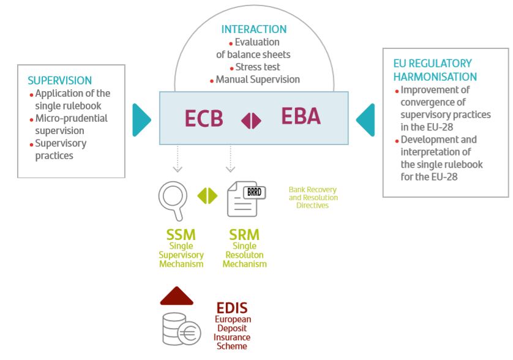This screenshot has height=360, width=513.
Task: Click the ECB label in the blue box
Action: click(x=204, y=119)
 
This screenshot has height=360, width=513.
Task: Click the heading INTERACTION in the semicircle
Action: click(x=254, y=29)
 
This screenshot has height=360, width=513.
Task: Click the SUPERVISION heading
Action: click(x=60, y=80)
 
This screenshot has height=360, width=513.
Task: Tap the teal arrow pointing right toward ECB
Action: click(x=141, y=119)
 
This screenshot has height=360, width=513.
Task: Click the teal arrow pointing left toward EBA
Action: click(x=365, y=119)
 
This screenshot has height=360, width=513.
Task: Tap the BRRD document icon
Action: click(x=244, y=198)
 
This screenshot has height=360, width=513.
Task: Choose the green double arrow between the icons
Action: click(x=207, y=196)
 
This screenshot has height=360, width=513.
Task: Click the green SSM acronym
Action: click(x=181, y=235)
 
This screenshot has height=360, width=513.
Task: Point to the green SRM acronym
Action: click(x=244, y=235)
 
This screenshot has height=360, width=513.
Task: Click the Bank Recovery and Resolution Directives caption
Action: click(x=313, y=198)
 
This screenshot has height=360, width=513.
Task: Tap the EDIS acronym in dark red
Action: click(x=232, y=309)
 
